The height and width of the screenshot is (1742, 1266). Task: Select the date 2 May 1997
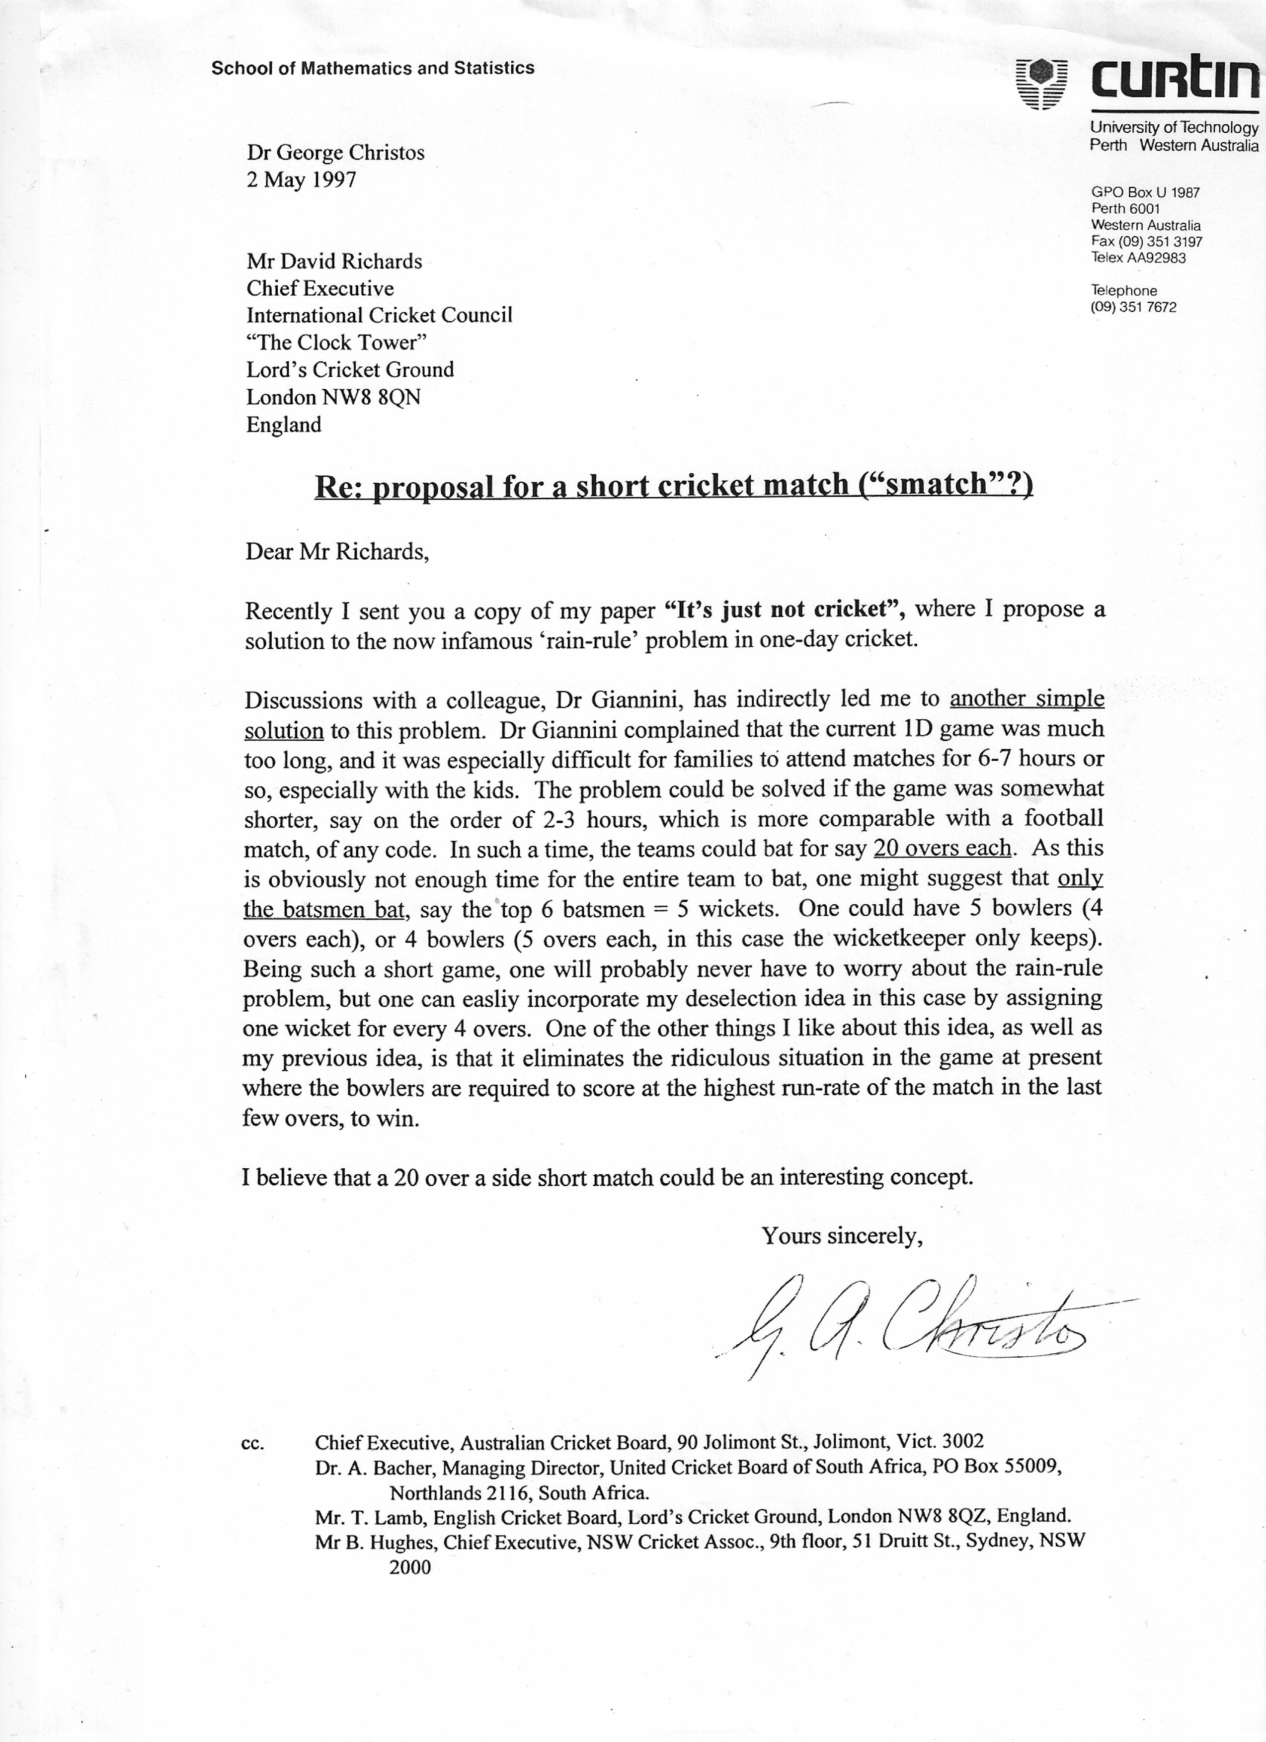(301, 180)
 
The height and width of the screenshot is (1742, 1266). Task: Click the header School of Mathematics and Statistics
(372, 69)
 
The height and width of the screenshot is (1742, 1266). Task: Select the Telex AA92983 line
(1138, 258)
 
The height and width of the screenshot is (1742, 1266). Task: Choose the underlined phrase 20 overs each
(942, 848)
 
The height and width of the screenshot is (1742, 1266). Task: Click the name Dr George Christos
(335, 153)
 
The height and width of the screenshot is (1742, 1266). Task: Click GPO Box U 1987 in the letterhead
(1145, 193)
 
